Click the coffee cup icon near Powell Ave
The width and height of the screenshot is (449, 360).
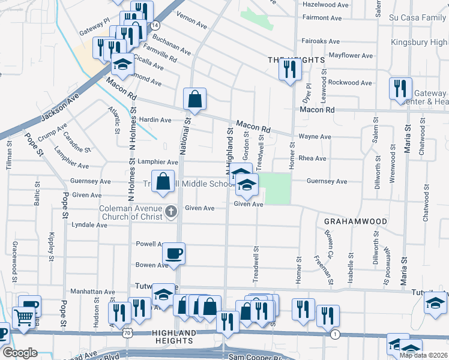click(x=174, y=253)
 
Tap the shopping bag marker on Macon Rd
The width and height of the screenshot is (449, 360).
click(x=195, y=99)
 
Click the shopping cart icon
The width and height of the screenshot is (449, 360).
click(x=23, y=317)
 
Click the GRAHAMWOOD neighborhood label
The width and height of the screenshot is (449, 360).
click(x=355, y=221)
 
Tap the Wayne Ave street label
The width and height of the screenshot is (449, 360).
click(x=315, y=137)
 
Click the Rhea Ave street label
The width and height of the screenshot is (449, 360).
click(x=312, y=158)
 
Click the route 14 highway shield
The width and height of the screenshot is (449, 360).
click(x=155, y=26)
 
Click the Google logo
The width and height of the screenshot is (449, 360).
click(x=20, y=353)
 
